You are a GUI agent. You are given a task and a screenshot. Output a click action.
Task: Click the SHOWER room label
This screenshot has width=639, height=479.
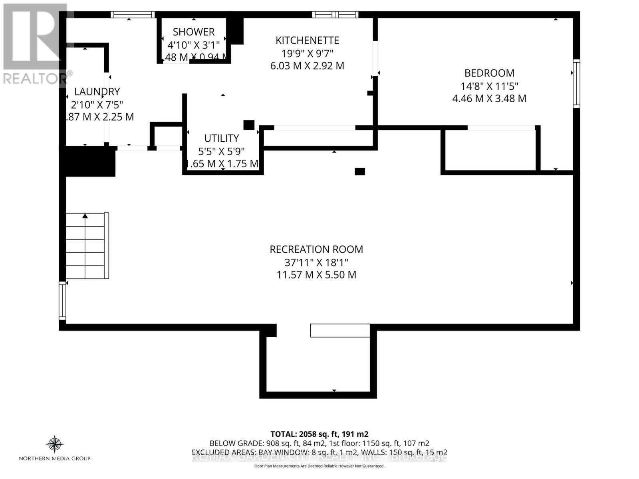[194, 32]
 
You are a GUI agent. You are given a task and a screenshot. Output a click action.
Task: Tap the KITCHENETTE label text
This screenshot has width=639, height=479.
[307, 40]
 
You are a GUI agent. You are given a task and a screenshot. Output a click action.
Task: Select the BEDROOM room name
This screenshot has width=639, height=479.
[489, 73]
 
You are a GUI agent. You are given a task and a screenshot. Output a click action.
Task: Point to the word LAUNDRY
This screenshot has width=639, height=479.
[97, 91]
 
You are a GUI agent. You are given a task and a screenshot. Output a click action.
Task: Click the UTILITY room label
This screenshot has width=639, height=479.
[222, 138]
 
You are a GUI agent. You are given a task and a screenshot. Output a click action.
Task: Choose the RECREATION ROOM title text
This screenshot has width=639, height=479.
[316, 249]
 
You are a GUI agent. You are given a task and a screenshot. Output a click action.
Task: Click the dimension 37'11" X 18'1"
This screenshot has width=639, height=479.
[316, 263]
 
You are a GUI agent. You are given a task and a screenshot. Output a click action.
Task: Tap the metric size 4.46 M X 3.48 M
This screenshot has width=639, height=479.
[489, 98]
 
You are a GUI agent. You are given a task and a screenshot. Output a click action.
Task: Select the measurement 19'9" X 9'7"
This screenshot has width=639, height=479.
[307, 53]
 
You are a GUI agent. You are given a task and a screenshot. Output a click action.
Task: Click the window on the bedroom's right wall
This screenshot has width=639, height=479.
[576, 83]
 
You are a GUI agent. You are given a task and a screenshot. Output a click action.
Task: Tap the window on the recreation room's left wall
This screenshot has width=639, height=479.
[62, 300]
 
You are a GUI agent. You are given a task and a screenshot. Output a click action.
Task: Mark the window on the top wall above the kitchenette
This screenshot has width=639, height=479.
[335, 15]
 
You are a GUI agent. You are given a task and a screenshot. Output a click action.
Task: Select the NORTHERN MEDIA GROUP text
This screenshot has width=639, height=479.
[55, 458]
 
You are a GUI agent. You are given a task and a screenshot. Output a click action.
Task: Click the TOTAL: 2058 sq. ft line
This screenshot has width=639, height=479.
[319, 434]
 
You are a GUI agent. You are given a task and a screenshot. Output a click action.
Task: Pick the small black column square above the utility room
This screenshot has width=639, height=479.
[249, 125]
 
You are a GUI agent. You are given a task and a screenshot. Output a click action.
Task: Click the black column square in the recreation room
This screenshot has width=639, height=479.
[360, 172]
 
